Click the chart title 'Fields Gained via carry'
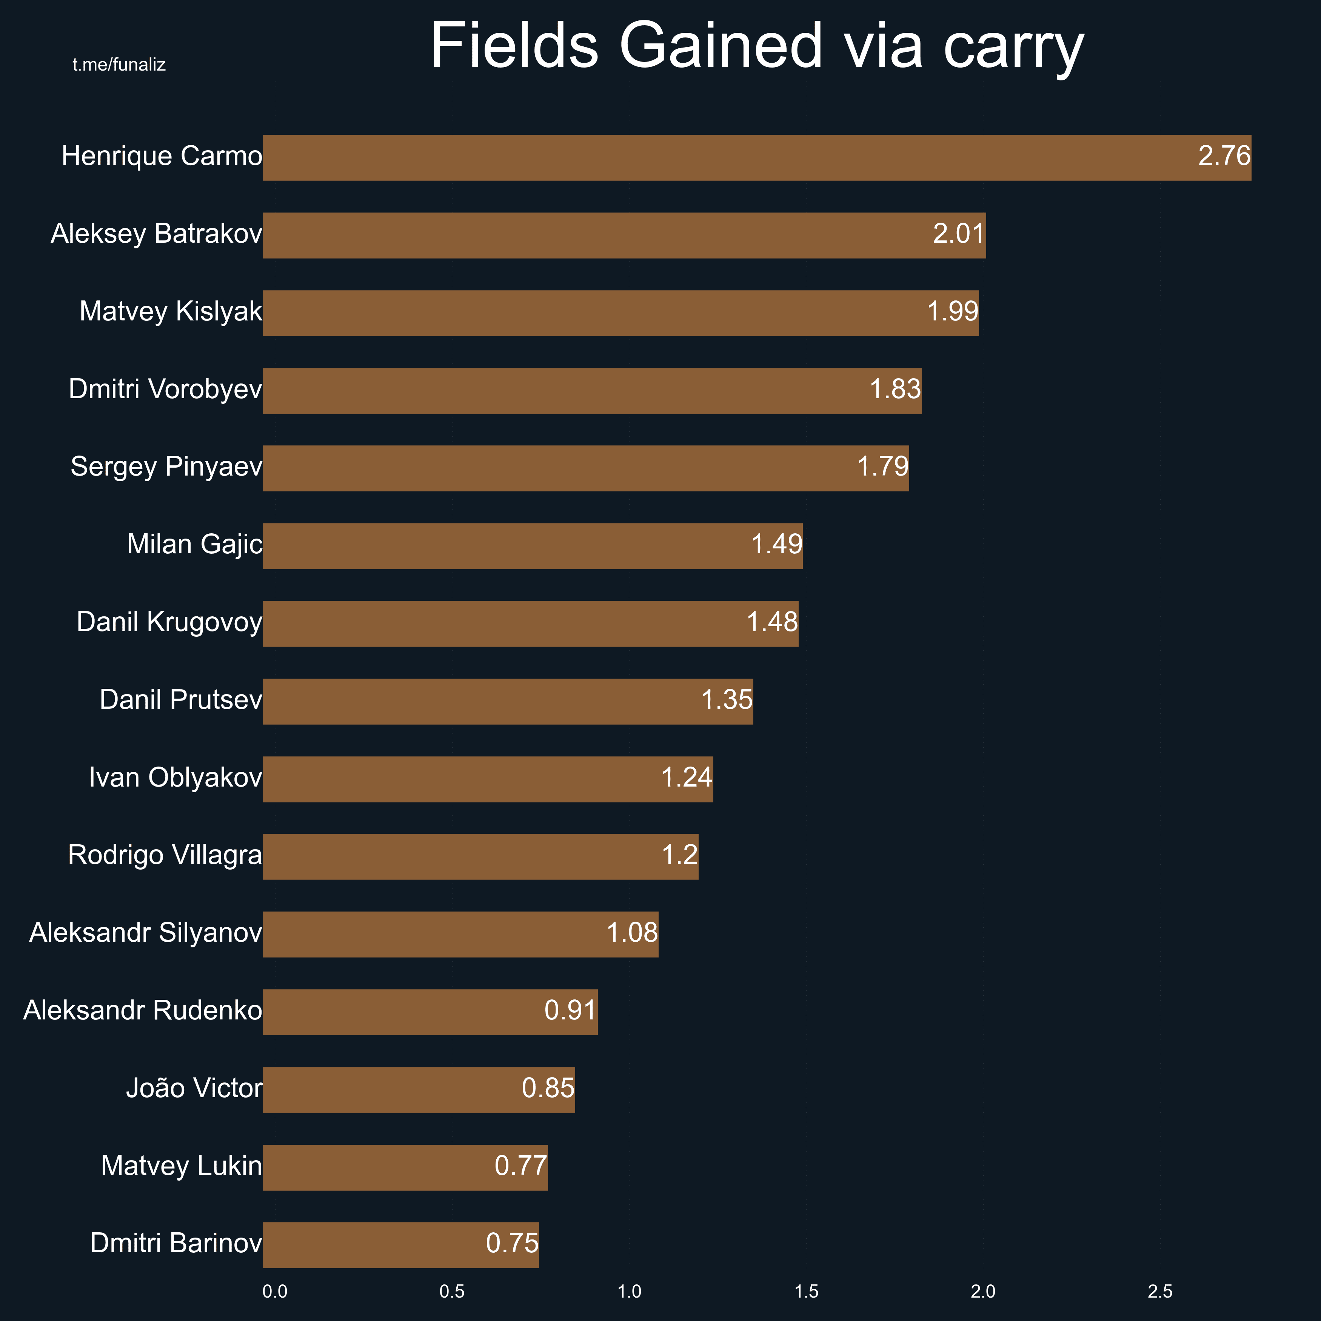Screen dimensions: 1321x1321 757,46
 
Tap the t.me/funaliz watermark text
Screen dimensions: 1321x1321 119,65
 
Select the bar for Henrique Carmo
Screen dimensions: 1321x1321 684,158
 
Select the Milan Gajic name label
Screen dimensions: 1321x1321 194,544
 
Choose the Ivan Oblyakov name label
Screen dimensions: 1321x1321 175,778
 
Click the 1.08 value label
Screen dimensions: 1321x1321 632,933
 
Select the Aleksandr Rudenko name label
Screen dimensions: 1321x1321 142,1011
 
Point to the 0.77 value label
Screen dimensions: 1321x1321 520,1166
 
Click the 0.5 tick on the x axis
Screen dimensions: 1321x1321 452,1292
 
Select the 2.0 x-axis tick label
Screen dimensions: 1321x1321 983,1292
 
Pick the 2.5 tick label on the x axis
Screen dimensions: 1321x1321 1160,1292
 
